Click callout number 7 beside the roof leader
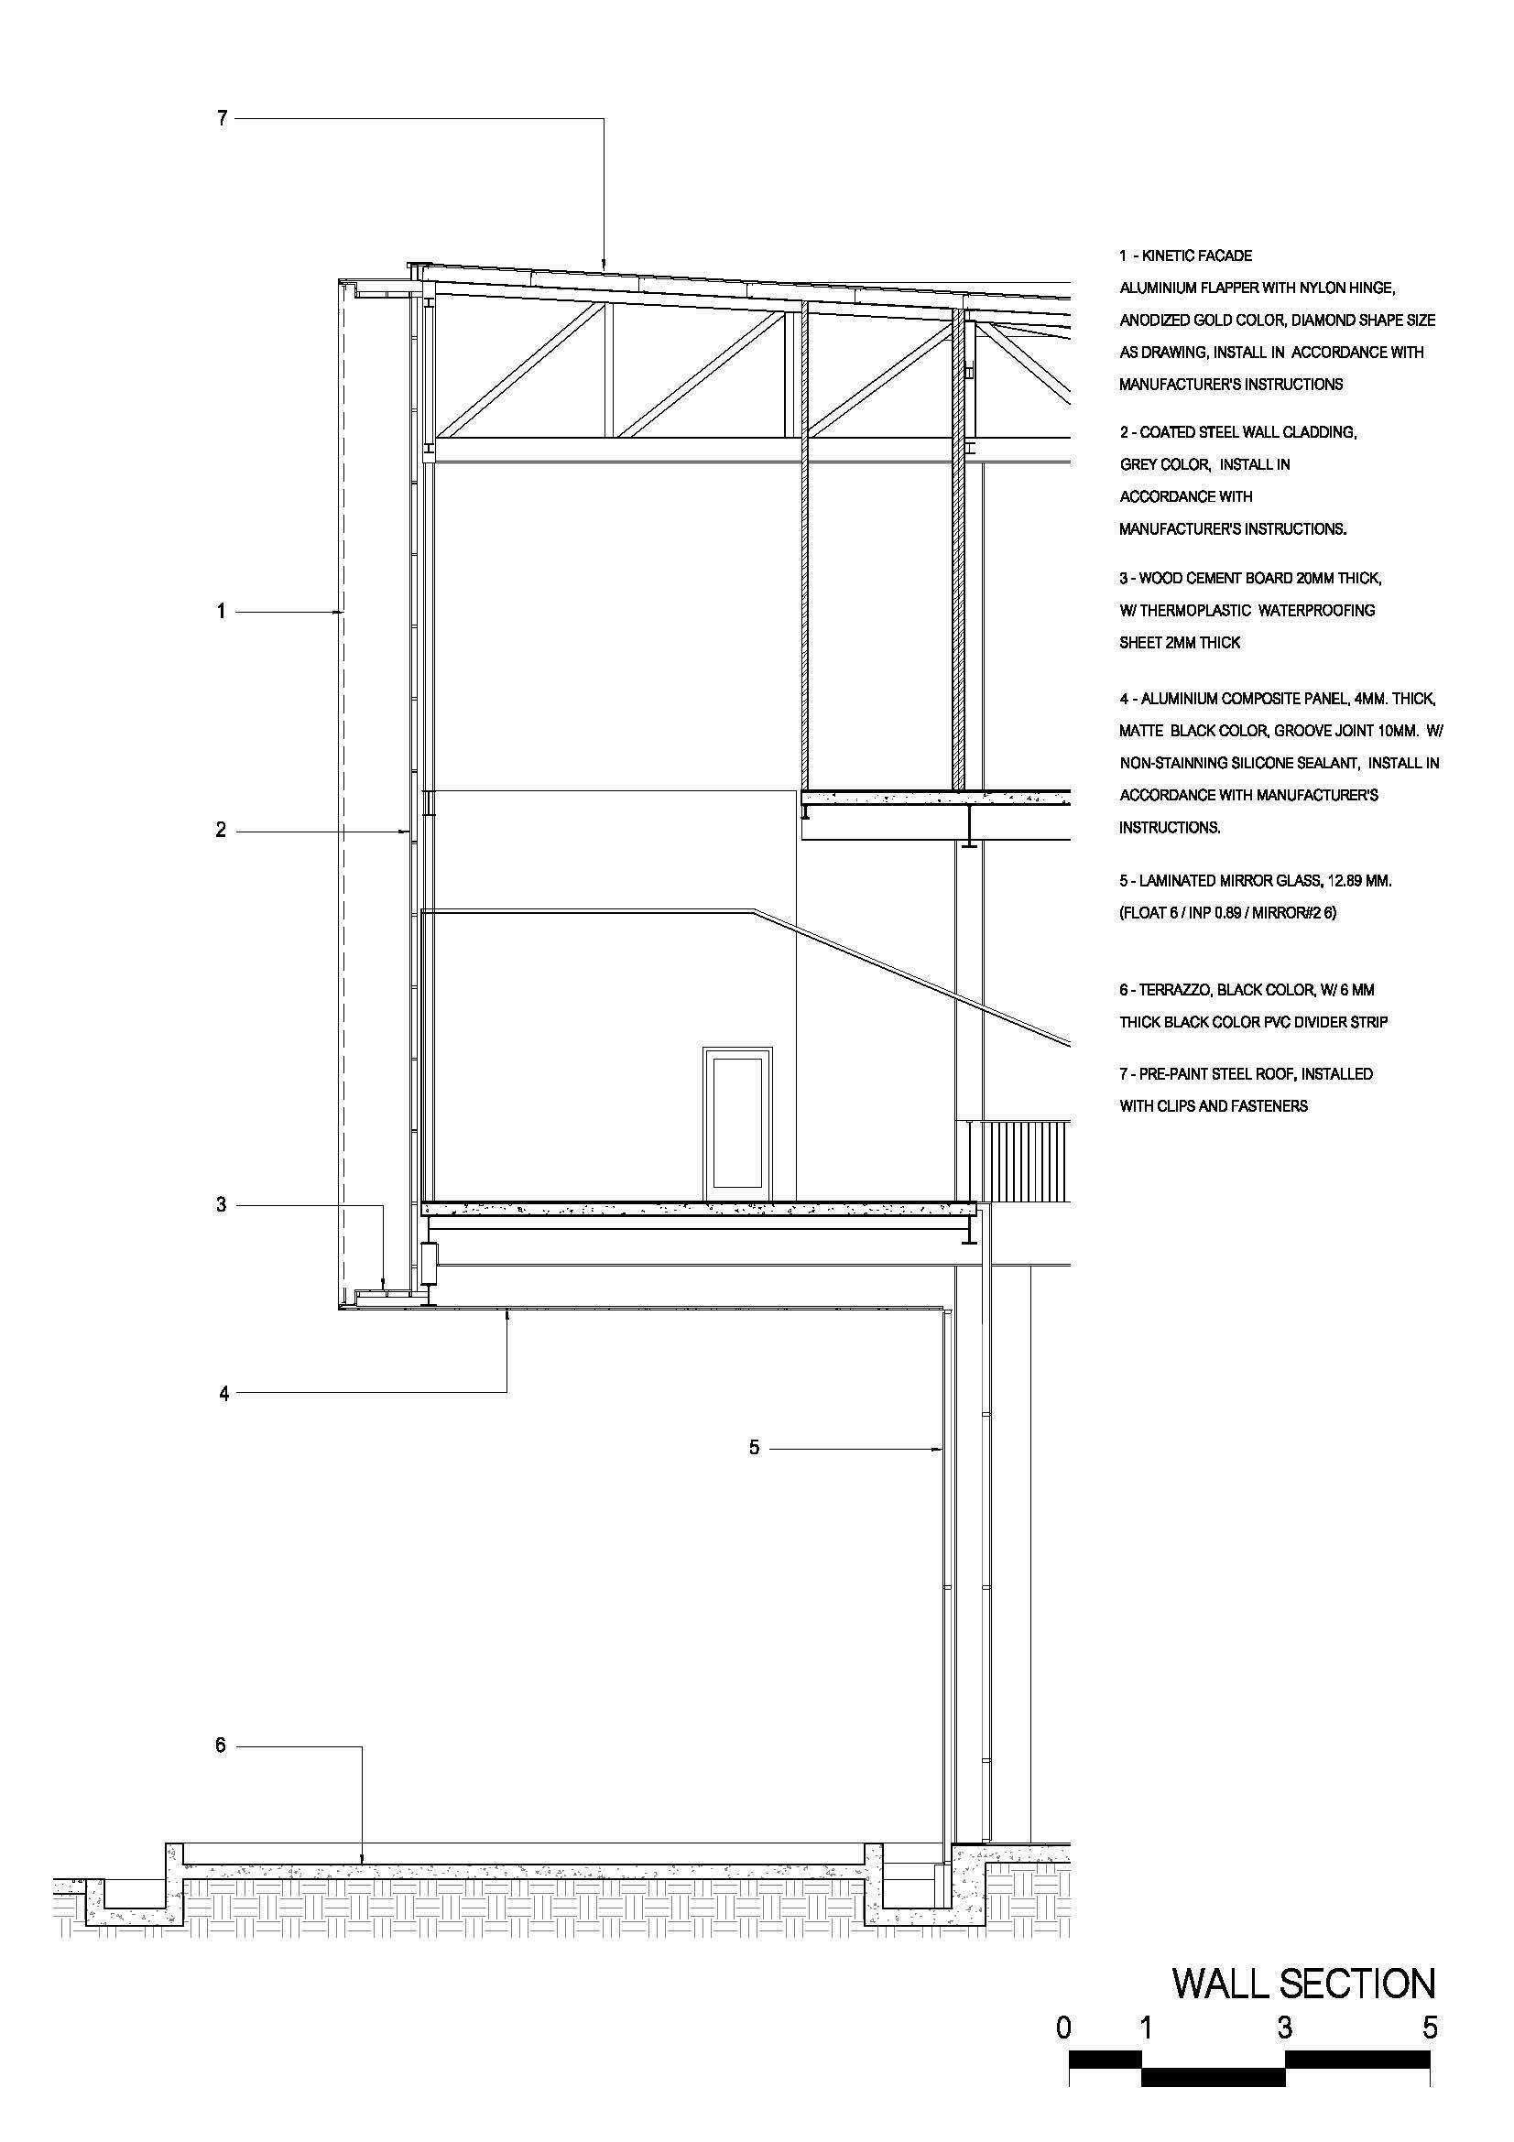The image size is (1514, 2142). pos(222,118)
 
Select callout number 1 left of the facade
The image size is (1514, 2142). pos(221,612)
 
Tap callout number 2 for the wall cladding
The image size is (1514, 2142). pos(221,831)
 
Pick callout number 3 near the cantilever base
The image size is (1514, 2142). pos(221,1205)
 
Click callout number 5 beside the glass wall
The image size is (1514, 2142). pos(755,1448)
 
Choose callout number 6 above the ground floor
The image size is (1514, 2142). pos(221,1745)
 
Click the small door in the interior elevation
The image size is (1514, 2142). pos(738,1123)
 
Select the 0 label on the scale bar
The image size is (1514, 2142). pos(1063,2028)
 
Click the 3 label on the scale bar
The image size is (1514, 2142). pos(1284,2028)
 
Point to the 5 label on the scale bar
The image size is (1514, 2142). pos(1430,2028)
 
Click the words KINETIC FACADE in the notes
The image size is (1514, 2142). pos(1197,256)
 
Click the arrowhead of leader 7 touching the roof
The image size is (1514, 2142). pos(604,267)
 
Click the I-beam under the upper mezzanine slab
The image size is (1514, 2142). pos(970,827)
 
